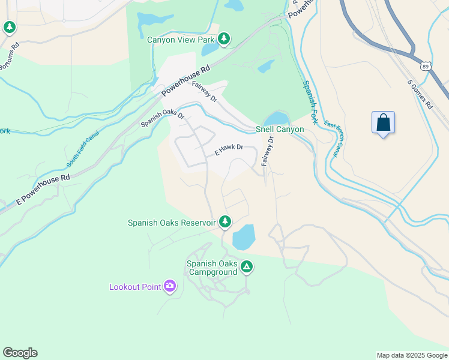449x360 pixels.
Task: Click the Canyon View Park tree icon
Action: tap(224, 40)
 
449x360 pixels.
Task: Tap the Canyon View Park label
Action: tap(181, 40)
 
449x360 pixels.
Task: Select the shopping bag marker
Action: tap(383, 123)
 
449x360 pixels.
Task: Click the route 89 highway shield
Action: tap(425, 64)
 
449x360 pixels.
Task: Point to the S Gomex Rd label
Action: tap(420, 94)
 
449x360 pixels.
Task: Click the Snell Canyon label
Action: tap(280, 129)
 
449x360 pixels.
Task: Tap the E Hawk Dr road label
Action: tap(229, 149)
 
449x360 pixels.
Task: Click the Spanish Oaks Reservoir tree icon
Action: tap(225, 222)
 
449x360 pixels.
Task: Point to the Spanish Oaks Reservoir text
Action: tap(172, 223)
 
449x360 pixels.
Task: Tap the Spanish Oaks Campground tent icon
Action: tap(246, 267)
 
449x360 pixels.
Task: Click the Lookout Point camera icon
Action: tap(170, 286)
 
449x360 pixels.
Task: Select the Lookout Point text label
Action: tap(135, 287)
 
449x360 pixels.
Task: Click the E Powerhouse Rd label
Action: tap(43, 190)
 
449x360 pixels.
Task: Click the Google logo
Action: tap(20, 353)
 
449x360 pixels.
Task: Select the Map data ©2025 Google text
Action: tap(411, 355)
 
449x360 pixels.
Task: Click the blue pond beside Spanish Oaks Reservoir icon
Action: tap(243, 238)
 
